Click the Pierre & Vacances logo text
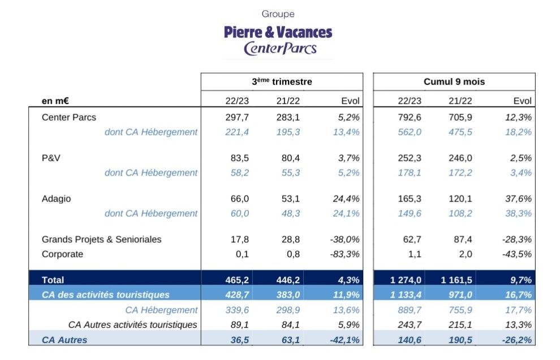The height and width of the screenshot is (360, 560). click(x=278, y=32)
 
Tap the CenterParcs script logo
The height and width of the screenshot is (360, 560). click(x=280, y=49)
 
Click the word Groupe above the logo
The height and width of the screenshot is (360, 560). click(x=278, y=14)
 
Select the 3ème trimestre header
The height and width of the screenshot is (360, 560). click(x=282, y=82)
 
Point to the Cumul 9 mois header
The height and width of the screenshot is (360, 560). click(x=454, y=82)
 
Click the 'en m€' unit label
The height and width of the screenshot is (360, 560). click(x=55, y=101)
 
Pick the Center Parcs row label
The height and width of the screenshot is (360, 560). click(x=69, y=117)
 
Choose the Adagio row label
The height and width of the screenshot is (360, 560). click(x=57, y=199)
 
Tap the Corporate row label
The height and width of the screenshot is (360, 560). click(x=62, y=254)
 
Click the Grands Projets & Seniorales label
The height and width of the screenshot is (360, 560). click(x=101, y=239)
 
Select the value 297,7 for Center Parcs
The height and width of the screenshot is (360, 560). click(x=237, y=117)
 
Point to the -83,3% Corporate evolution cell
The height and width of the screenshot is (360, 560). click(x=344, y=254)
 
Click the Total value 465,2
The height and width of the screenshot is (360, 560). click(x=237, y=280)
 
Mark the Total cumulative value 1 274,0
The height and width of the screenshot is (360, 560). click(x=406, y=280)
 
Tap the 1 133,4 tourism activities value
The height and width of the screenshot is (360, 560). click(x=406, y=295)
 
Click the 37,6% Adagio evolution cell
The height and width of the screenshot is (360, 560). click(x=518, y=199)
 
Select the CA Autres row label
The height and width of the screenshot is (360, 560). click(x=64, y=340)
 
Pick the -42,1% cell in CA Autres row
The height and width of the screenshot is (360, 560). click(x=344, y=340)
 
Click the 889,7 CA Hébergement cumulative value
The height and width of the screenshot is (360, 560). click(x=410, y=310)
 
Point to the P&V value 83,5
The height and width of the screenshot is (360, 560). click(x=240, y=158)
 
